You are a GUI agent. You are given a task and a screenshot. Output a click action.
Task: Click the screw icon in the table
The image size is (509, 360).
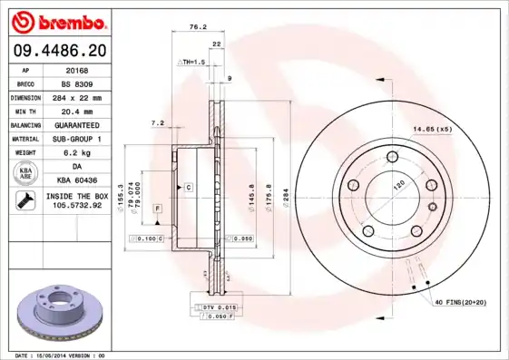(x=24, y=201)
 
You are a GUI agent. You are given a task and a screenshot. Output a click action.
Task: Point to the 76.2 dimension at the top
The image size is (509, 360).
(x=192, y=27)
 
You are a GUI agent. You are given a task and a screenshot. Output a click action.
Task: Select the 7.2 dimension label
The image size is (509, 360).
(x=156, y=122)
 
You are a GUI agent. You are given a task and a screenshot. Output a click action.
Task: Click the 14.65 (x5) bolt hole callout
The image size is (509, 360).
(x=432, y=130)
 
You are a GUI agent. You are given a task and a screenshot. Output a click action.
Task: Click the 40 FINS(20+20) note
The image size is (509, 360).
(x=460, y=300)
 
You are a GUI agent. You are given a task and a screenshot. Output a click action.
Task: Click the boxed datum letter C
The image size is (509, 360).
(x=188, y=187)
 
